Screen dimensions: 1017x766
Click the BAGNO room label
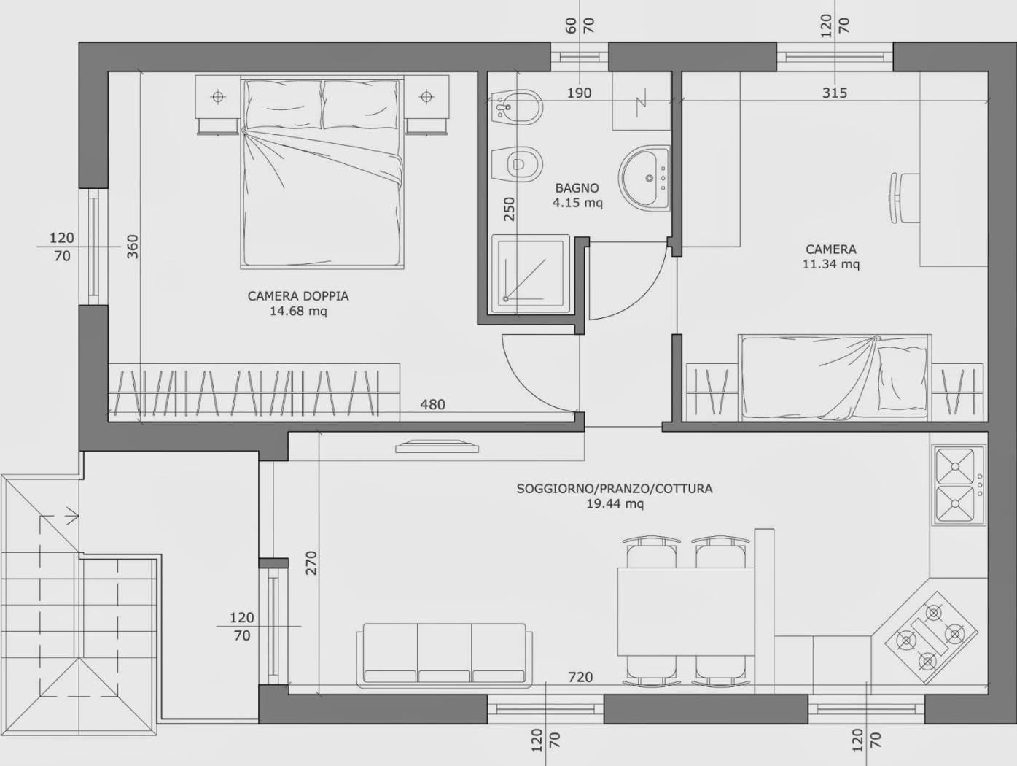577,188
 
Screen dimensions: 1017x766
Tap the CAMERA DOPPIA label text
298,296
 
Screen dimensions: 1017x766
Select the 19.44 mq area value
615,504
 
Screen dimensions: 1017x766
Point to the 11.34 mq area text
831,264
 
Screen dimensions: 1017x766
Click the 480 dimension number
432,405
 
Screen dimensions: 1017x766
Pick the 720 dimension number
580,678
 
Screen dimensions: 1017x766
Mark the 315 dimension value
835,93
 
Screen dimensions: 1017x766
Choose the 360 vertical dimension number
133,247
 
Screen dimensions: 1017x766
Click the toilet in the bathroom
517,165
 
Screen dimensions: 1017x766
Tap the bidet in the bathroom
517,107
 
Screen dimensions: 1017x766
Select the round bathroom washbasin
644,178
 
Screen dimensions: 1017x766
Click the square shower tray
531,274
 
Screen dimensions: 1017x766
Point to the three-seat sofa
444,655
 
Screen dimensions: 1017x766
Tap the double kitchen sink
958,485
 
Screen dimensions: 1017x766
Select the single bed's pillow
901,376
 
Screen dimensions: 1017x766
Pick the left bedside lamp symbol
218,97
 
